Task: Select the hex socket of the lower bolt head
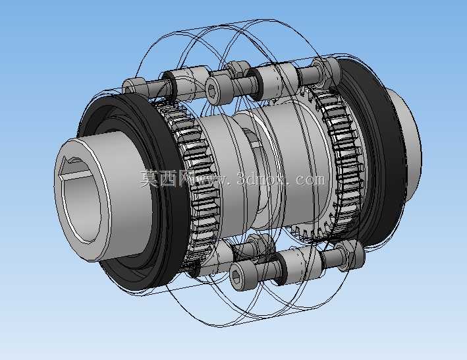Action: coord(236,278)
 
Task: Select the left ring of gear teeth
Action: coord(194,179)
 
